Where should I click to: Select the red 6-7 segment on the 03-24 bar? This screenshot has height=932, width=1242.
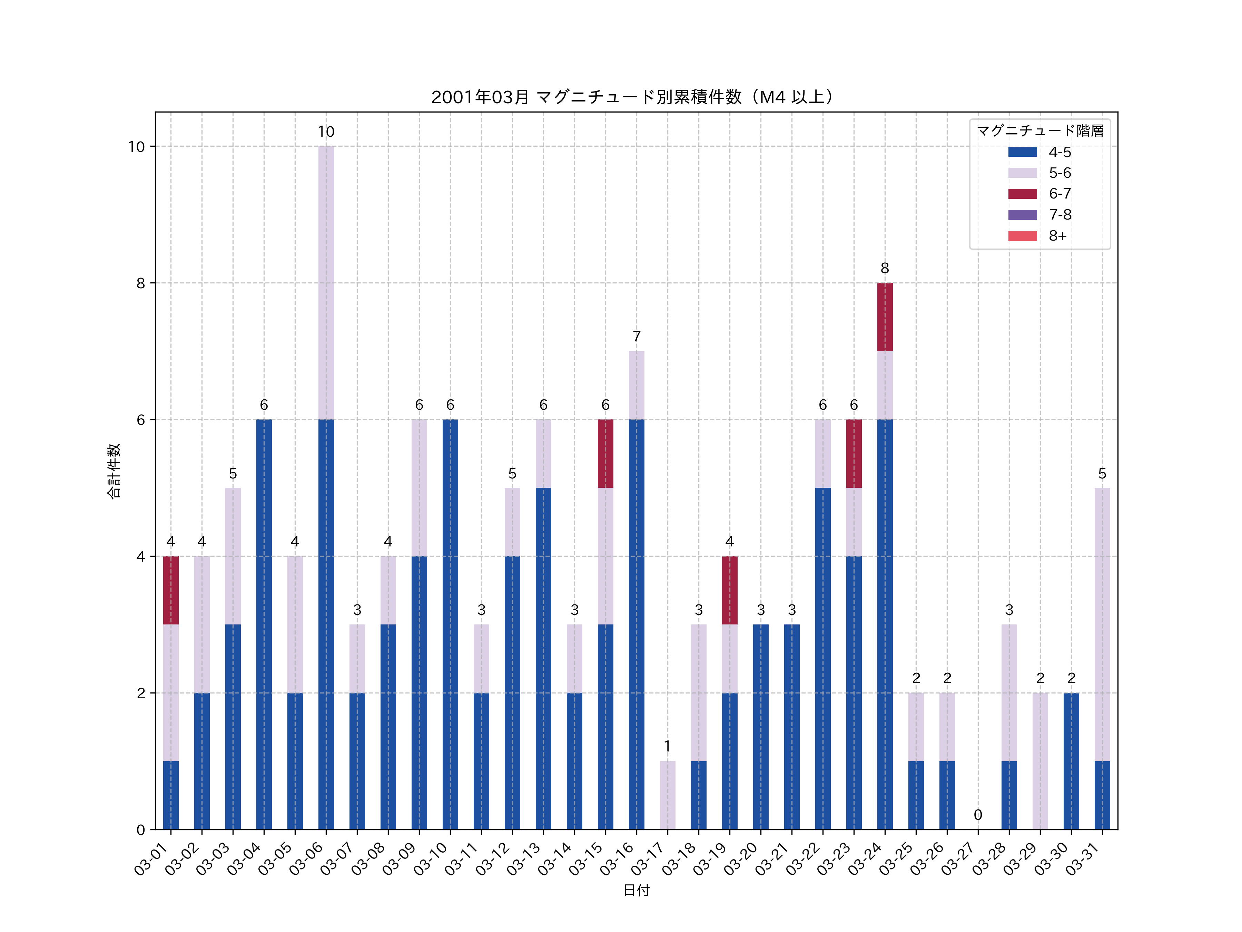885,317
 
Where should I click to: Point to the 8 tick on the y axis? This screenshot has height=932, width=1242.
140,283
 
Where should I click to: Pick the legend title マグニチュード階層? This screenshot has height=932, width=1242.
1040,131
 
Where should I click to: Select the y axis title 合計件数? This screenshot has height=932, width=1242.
114,471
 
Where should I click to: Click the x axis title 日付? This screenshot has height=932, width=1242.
636,891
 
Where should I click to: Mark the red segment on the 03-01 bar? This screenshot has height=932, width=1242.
171,590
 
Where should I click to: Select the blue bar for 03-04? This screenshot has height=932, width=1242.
264,624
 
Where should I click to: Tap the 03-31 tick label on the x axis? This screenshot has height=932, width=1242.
1086,857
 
